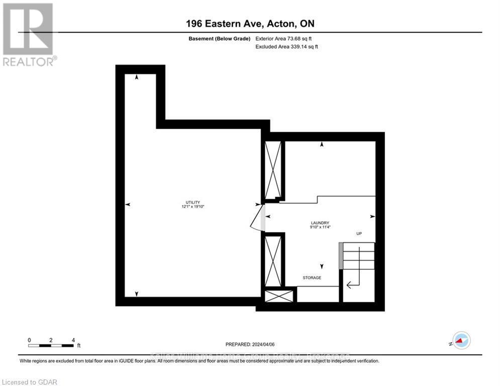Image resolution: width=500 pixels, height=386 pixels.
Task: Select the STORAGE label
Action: point(312,277)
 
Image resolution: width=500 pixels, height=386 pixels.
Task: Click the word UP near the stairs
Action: point(359,234)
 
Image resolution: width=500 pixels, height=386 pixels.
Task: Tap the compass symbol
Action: point(461,340)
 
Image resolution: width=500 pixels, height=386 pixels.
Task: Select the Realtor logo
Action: point(28,34)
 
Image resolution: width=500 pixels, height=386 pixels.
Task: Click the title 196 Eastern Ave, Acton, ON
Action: point(250,24)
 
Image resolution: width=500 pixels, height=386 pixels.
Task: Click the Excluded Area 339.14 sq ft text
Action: point(287,46)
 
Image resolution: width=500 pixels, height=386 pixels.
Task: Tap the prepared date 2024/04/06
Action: point(250,344)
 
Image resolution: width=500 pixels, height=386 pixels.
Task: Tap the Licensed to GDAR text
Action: point(30,382)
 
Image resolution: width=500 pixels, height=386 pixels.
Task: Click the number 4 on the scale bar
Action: point(73,340)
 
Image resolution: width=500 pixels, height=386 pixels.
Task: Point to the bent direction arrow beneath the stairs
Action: point(352,285)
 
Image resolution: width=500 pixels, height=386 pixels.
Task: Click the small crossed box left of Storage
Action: point(278,296)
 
